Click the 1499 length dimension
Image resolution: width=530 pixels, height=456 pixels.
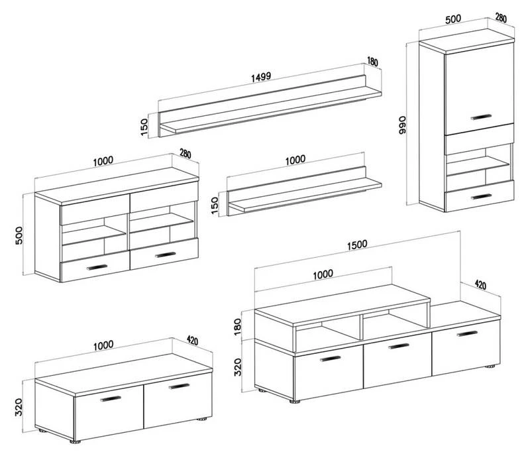(261, 76)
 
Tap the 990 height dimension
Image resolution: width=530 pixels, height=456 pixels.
(402, 125)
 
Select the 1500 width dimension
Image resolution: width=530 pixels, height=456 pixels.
(357, 244)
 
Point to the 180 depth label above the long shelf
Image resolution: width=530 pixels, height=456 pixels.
(372, 62)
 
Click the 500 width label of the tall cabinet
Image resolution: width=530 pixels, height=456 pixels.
(453, 19)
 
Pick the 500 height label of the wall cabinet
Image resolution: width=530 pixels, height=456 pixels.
(19, 235)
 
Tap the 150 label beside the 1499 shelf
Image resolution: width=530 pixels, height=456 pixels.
(144, 127)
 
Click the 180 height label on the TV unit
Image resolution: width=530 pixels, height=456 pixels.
(238, 327)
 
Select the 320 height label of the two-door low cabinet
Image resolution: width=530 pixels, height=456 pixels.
(19, 407)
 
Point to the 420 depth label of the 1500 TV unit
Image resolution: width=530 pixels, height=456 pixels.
(480, 285)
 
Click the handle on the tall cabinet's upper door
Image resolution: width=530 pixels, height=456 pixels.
(482, 117)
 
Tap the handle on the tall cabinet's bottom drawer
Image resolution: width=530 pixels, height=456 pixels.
(482, 197)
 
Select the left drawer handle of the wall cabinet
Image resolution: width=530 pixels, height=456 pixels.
(97, 267)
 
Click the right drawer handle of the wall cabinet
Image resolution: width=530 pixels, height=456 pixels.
(165, 255)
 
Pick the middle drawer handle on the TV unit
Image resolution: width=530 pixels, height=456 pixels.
(399, 346)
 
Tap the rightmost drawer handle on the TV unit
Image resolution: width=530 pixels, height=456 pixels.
(467, 334)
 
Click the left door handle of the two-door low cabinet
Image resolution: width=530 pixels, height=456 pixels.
(111, 398)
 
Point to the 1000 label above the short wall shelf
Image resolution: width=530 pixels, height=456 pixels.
(295, 160)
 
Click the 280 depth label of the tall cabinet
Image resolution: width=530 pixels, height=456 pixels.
(501, 18)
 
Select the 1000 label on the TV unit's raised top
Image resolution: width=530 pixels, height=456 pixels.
(323, 274)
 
